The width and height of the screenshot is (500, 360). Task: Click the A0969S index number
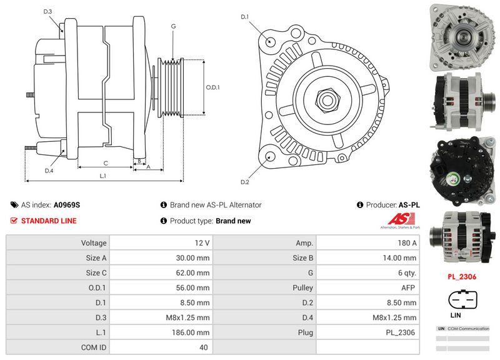coord(67,204)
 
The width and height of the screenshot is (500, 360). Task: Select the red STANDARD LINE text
coord(49,221)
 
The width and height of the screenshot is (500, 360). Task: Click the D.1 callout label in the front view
coord(245,17)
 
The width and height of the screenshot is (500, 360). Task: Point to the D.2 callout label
coord(245,182)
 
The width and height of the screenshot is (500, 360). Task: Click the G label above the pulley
coord(172,26)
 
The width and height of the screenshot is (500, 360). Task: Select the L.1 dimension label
coord(103,176)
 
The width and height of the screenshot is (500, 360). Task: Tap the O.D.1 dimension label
coord(213,87)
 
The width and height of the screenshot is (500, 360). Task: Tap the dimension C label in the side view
coord(106,163)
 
